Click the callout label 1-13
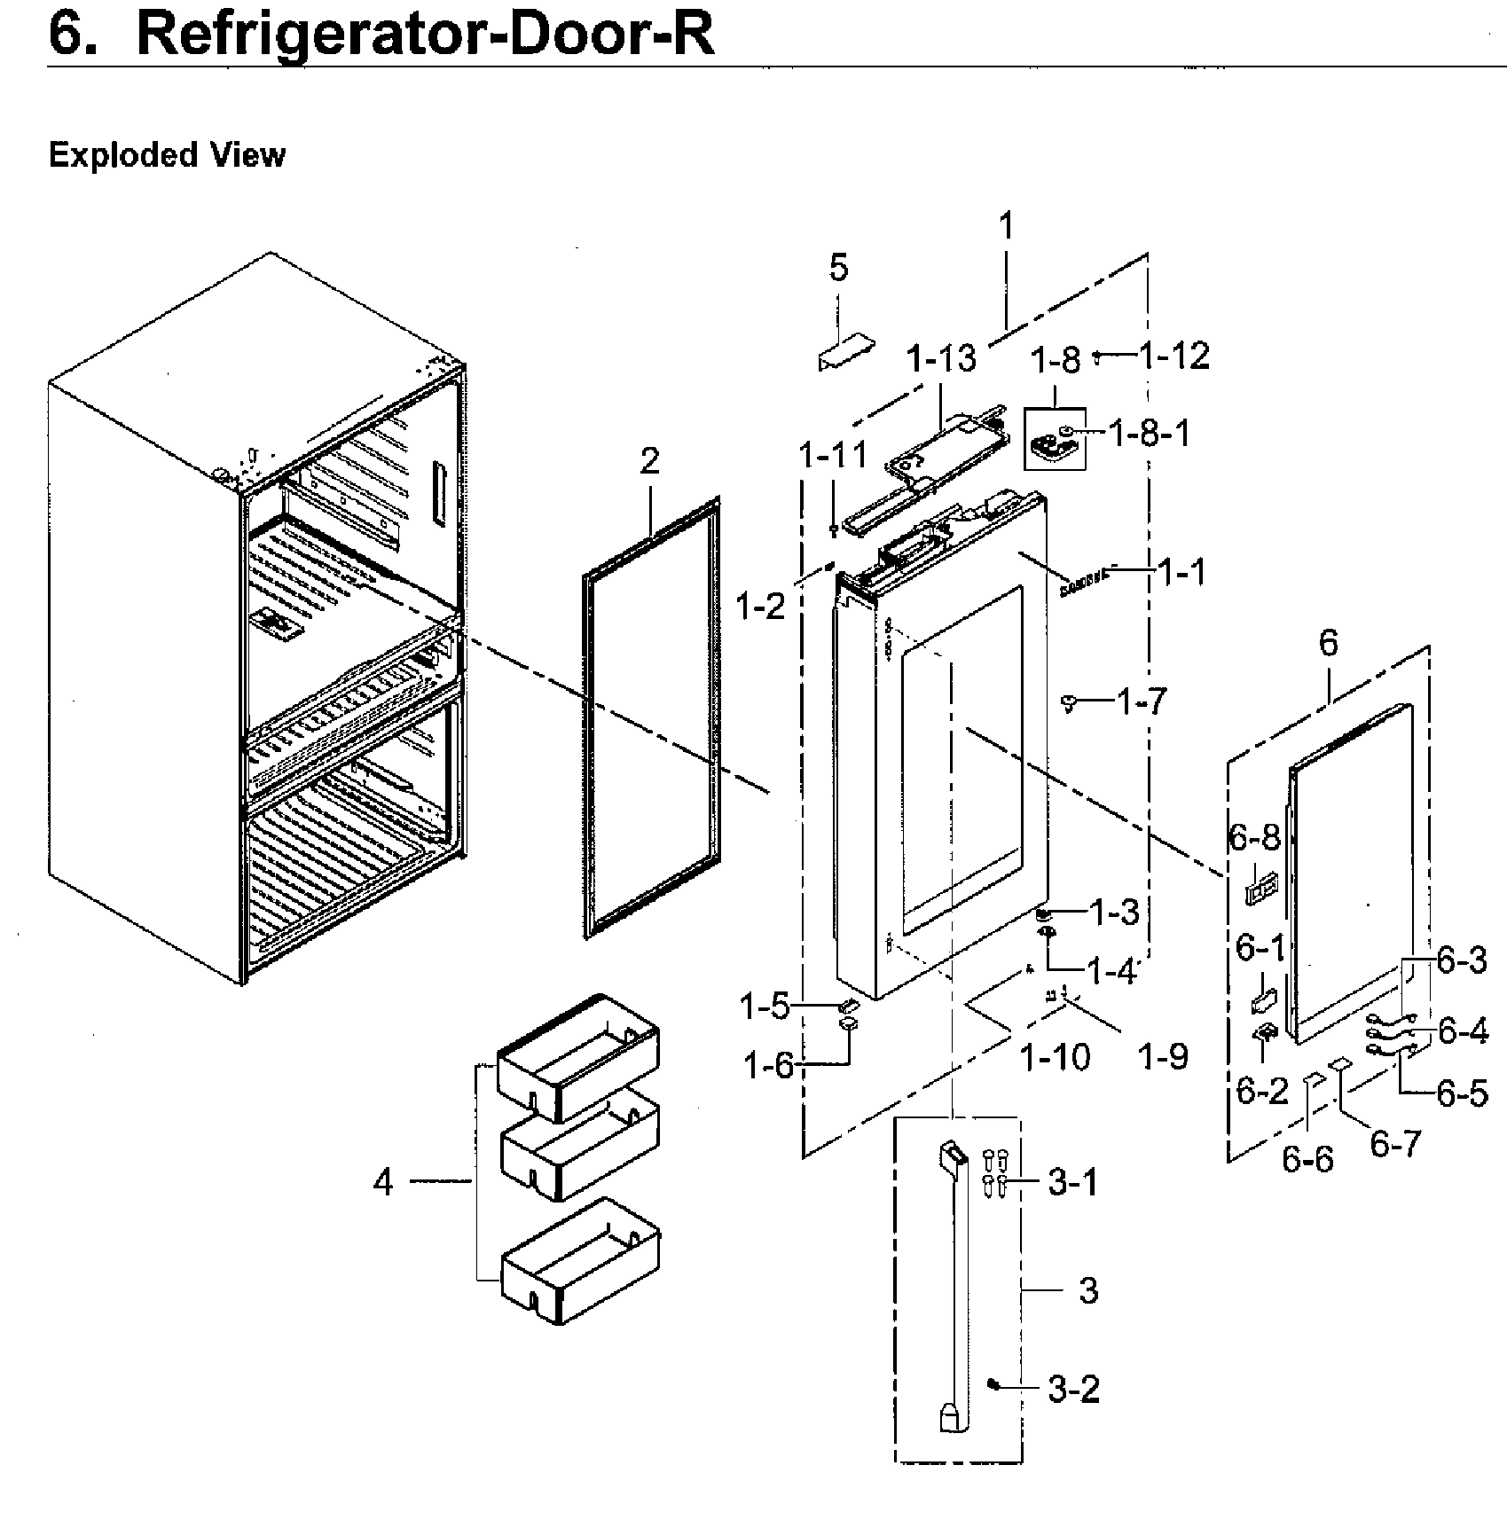pyautogui.click(x=941, y=359)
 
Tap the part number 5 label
pyautogui.click(x=838, y=267)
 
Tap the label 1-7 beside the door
pyautogui.click(x=1142, y=702)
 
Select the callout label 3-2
pyautogui.click(x=1073, y=1389)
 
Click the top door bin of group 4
pyautogui.click(x=578, y=1055)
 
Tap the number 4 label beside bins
pyautogui.click(x=382, y=1182)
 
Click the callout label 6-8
pyautogui.click(x=1254, y=835)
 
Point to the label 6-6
pyautogui.click(x=1307, y=1159)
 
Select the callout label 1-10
pyautogui.click(x=1055, y=1057)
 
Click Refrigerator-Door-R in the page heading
pyautogui.click(x=425, y=35)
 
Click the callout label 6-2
pyautogui.click(x=1261, y=1092)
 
